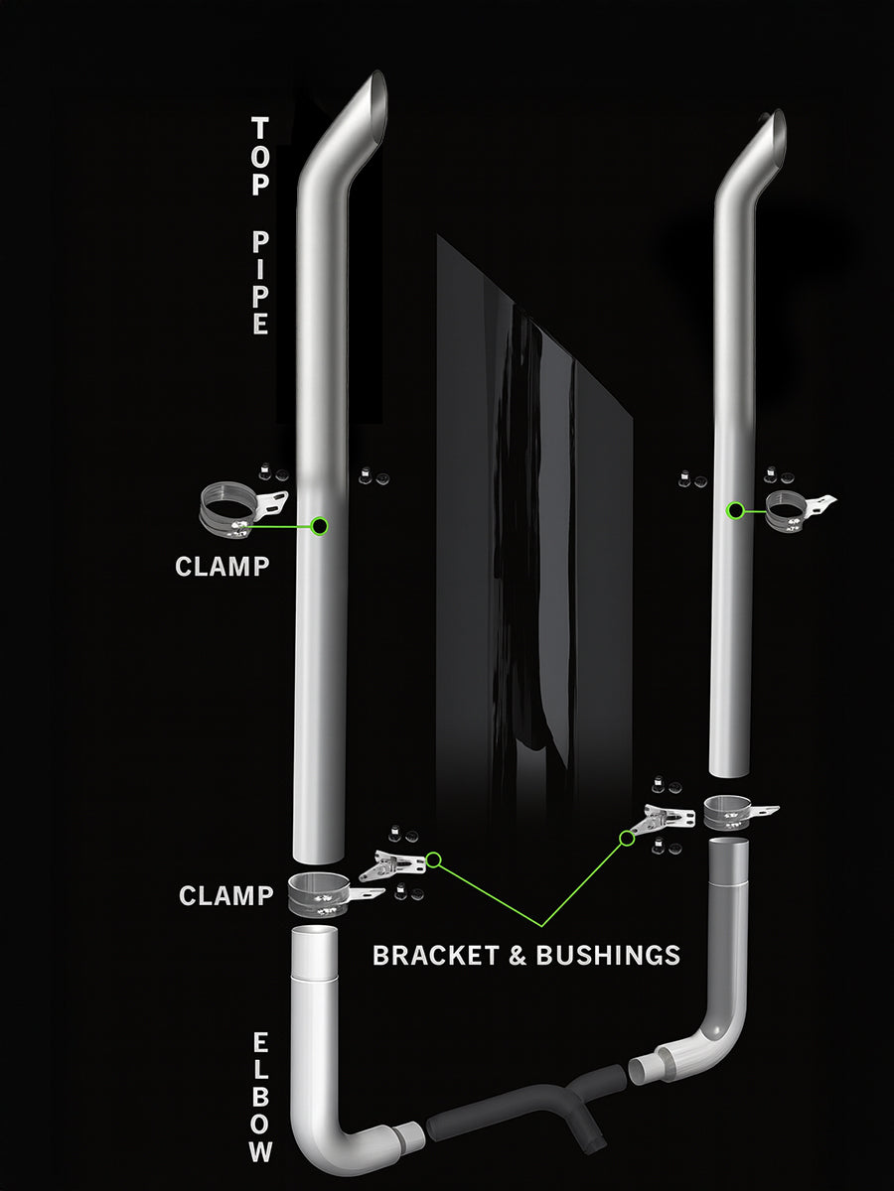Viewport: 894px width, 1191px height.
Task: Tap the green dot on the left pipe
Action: coord(320,526)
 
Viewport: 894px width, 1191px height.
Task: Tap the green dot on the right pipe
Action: coord(735,510)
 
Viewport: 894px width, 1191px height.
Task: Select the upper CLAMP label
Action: coord(222,567)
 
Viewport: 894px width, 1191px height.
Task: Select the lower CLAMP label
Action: coord(225,895)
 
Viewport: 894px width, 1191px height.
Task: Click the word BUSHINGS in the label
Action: coord(608,955)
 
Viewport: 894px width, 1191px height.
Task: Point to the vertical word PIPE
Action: coord(260,283)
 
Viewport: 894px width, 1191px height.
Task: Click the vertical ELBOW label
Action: coord(260,1098)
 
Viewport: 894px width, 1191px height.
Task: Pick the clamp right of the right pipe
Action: coord(795,508)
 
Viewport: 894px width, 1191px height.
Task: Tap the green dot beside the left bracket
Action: coord(433,860)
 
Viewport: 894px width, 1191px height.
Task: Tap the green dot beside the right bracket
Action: coord(626,839)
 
